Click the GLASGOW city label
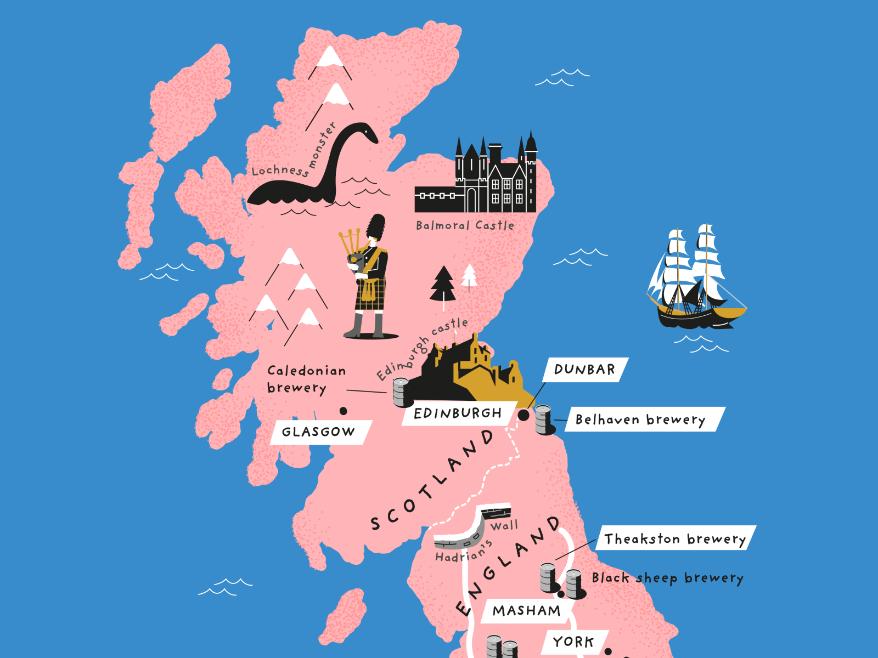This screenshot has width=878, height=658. (318, 432)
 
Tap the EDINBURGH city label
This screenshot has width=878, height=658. (458, 413)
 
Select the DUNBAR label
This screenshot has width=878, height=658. (584, 370)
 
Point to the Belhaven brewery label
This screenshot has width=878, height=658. (640, 419)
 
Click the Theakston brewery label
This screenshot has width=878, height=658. (675, 539)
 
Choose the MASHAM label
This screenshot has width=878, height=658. (526, 611)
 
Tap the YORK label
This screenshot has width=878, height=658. (573, 642)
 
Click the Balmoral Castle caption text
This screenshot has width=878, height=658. (465, 225)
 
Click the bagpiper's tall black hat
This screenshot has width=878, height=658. (376, 226)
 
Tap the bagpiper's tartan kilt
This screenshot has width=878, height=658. (369, 294)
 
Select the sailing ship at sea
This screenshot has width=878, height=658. (694, 280)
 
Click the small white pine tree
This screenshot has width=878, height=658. (469, 275)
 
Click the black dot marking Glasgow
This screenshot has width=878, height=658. (344, 411)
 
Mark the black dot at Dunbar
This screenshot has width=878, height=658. (524, 415)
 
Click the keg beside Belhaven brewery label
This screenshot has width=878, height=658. (543, 419)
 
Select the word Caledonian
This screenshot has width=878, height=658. (306, 371)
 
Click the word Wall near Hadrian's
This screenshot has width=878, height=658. (504, 525)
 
